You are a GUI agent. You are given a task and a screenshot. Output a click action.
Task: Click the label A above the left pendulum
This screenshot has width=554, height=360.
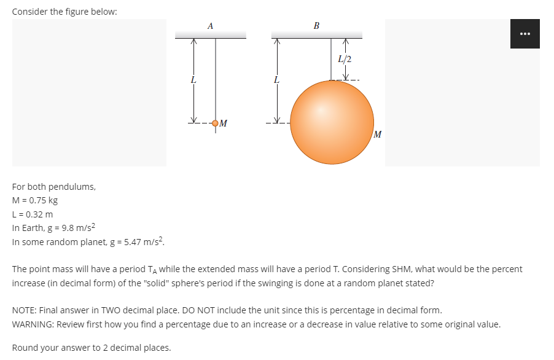[x=211, y=26]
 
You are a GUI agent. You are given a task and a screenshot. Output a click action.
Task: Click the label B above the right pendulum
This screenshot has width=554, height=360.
[x=316, y=26]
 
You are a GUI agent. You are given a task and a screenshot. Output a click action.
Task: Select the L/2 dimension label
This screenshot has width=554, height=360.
[x=345, y=59]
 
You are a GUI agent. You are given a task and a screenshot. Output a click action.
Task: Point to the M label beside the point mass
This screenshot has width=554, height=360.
[x=224, y=123]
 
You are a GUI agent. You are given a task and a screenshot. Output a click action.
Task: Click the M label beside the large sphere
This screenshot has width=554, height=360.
[x=378, y=134]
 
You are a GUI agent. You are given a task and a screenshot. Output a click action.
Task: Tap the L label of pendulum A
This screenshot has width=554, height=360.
[x=193, y=79]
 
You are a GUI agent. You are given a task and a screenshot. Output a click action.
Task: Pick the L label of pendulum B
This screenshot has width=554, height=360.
[x=277, y=79]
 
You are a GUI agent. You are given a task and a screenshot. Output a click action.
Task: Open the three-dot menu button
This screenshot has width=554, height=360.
[x=525, y=34]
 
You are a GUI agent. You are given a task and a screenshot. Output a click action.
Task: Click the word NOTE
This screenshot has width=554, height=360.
[x=24, y=310]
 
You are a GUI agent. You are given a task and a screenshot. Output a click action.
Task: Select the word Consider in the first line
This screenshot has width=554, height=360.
[x=30, y=12]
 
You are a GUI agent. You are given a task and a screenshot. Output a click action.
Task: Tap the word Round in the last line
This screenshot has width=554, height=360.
[x=25, y=348]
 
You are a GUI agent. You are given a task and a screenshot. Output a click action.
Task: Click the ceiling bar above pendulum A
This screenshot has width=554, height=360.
[x=211, y=37]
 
